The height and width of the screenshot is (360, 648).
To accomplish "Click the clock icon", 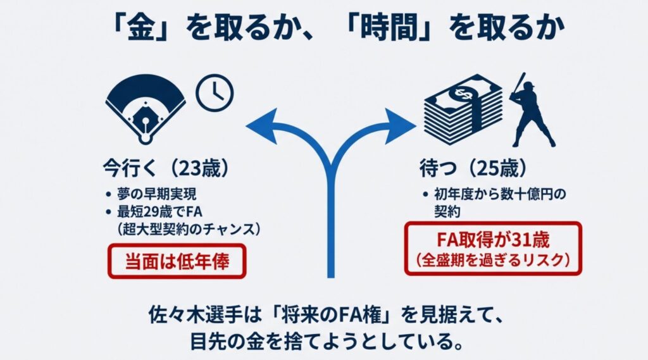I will coord(215,94).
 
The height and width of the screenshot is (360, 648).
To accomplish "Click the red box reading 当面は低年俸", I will coord(177,261).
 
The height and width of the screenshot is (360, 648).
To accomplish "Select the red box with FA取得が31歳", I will coord(493,247).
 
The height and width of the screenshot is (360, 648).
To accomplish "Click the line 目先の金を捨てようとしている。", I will coord(323,342).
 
